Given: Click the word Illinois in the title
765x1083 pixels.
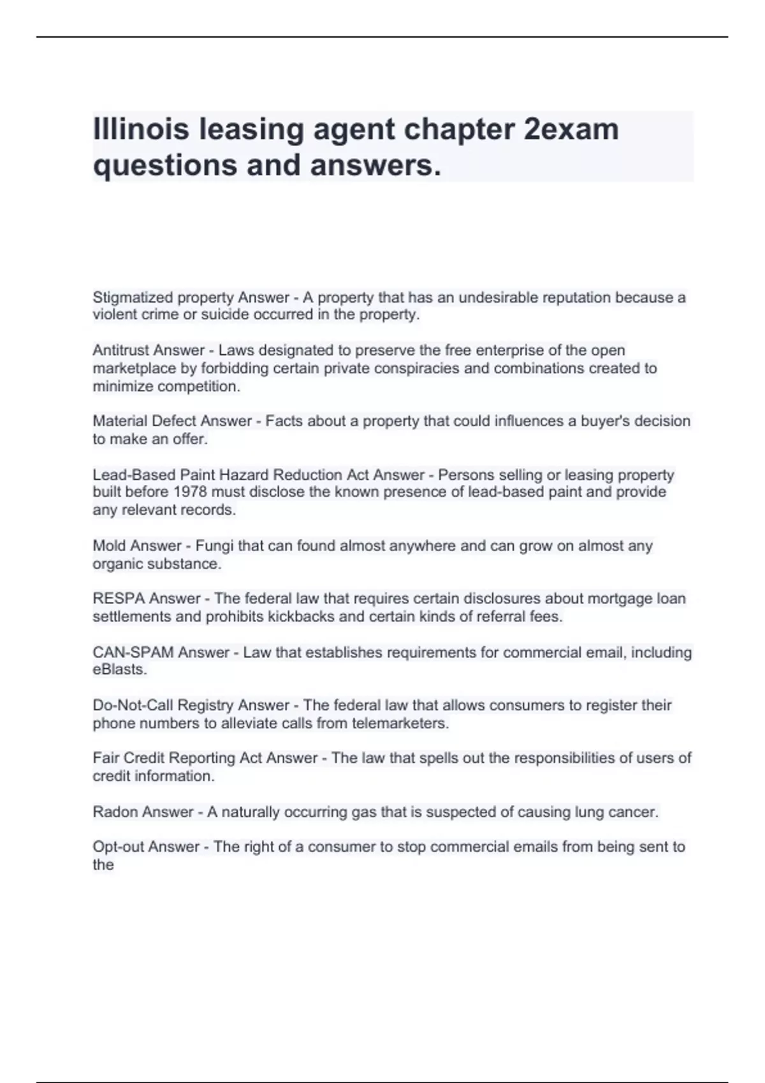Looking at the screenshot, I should (x=141, y=129).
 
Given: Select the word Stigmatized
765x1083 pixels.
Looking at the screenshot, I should (x=133, y=298).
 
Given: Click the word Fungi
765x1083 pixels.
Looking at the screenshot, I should (x=214, y=546).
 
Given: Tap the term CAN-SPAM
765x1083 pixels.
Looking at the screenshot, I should (x=133, y=652).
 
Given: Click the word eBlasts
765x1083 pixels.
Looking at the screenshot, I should (x=119, y=670).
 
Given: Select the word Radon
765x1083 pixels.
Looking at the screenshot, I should (x=115, y=812).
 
